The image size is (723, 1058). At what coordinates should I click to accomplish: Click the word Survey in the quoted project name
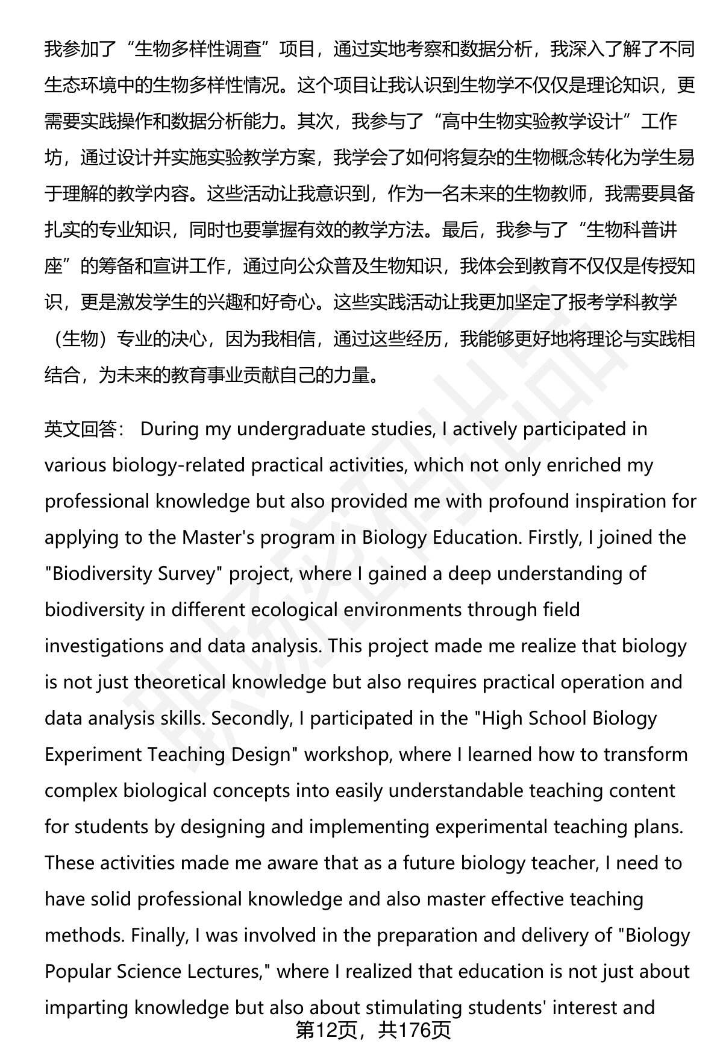(x=186, y=573)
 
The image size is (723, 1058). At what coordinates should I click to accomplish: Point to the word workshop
(x=346, y=754)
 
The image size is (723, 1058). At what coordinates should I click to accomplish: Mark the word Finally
(x=158, y=935)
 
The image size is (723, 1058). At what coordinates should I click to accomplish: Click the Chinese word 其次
(x=315, y=122)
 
